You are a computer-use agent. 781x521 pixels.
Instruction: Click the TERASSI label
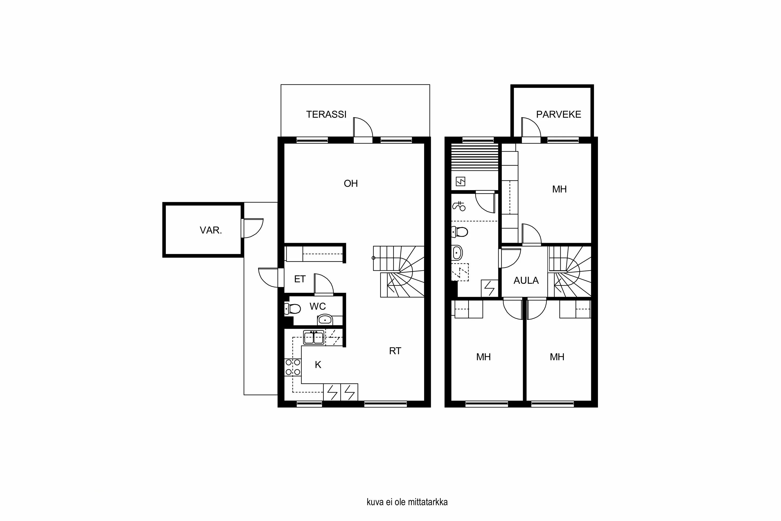click(x=326, y=115)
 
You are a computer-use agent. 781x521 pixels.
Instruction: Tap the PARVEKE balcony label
click(x=558, y=115)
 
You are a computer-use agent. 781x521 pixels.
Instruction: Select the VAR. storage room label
click(x=211, y=230)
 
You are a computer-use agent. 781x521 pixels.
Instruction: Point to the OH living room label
click(x=351, y=183)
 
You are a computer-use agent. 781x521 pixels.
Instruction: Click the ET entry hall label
click(x=300, y=279)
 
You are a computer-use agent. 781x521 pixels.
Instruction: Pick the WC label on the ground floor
click(x=317, y=306)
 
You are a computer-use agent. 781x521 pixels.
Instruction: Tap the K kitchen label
click(x=318, y=365)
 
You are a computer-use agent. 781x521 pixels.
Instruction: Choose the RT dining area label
click(x=395, y=351)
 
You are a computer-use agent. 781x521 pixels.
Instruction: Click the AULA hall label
click(x=526, y=281)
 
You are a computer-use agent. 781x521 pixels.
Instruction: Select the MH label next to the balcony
click(x=559, y=189)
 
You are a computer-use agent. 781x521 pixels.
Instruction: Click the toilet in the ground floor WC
click(x=293, y=309)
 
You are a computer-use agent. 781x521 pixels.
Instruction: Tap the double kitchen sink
click(x=313, y=337)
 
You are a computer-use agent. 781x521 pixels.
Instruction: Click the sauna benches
click(x=475, y=157)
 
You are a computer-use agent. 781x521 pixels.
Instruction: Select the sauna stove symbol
click(x=461, y=181)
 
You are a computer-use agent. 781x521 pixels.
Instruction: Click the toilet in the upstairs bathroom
click(x=460, y=232)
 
